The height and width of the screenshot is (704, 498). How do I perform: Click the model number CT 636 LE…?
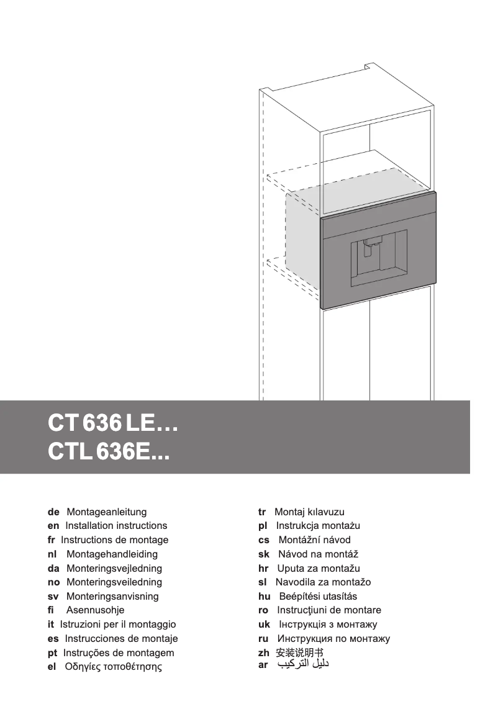[113, 425]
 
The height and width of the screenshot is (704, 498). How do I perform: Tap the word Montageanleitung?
[106, 512]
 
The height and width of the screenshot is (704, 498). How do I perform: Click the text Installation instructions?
[116, 526]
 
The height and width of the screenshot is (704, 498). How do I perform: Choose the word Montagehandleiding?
[112, 554]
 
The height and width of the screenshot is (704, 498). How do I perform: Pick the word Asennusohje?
[95, 610]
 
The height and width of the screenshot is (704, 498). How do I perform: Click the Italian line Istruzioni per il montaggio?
[118, 625]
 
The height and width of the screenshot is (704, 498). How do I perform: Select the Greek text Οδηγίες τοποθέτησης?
[113, 667]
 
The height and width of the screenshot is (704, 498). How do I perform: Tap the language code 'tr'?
[262, 512]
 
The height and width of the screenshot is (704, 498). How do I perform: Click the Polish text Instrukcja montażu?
[318, 526]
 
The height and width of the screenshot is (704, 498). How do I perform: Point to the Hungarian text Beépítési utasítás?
[318, 597]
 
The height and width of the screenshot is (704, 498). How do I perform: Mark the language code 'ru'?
[263, 639]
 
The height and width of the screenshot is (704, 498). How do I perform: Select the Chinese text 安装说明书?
[300, 653]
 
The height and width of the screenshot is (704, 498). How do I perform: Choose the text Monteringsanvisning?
[112, 597]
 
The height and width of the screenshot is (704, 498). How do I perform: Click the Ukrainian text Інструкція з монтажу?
[327, 625]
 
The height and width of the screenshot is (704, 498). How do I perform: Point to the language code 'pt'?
[52, 653]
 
